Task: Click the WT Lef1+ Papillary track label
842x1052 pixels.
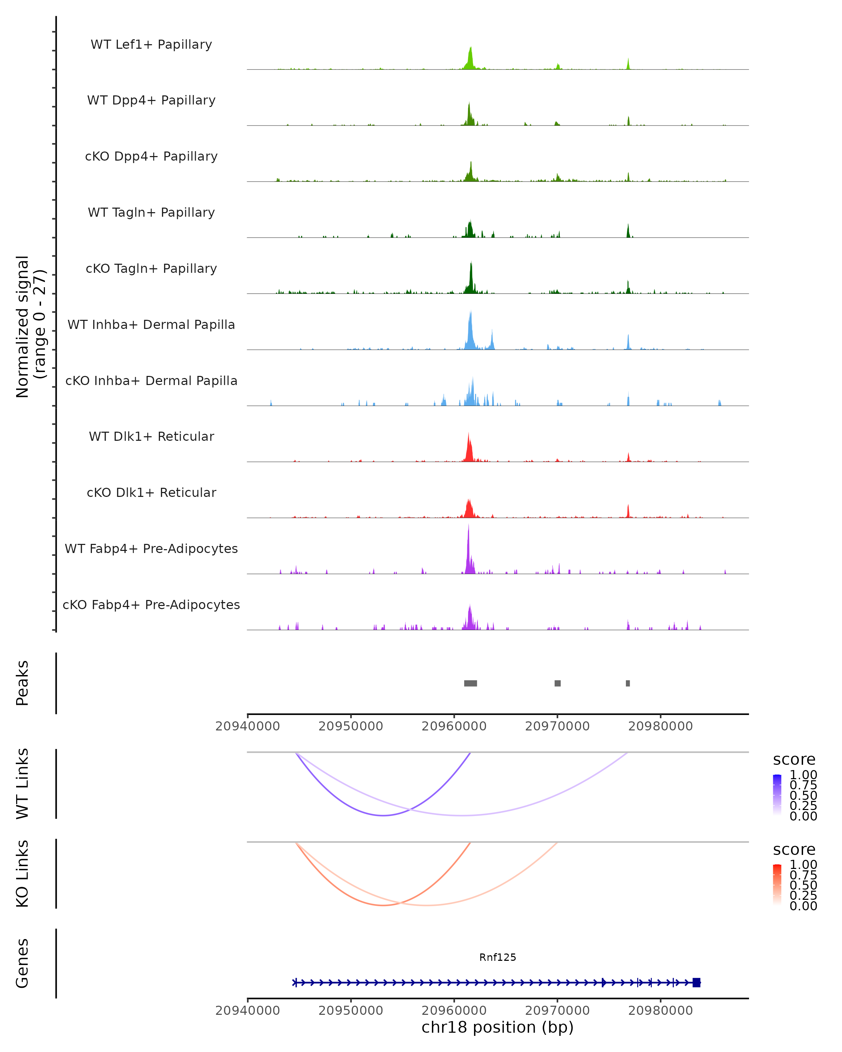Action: pyautogui.click(x=151, y=45)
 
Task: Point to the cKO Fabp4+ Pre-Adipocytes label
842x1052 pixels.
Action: pyautogui.click(x=151, y=605)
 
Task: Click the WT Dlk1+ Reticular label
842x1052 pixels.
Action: pyautogui.click(x=151, y=437)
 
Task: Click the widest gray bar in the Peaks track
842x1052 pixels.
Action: pyautogui.click(x=470, y=683)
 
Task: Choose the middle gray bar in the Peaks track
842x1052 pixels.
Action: pyautogui.click(x=557, y=683)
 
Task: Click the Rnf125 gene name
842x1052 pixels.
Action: pyautogui.click(x=497, y=957)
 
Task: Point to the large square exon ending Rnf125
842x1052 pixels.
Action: pyautogui.click(x=696, y=982)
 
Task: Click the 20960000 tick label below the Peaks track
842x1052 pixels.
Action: pyautogui.click(x=454, y=726)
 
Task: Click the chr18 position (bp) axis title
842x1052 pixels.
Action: pyautogui.click(x=497, y=1027)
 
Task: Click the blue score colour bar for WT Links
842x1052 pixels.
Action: pyautogui.click(x=777, y=795)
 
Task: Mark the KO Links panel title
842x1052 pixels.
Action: pyautogui.click(x=22, y=874)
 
